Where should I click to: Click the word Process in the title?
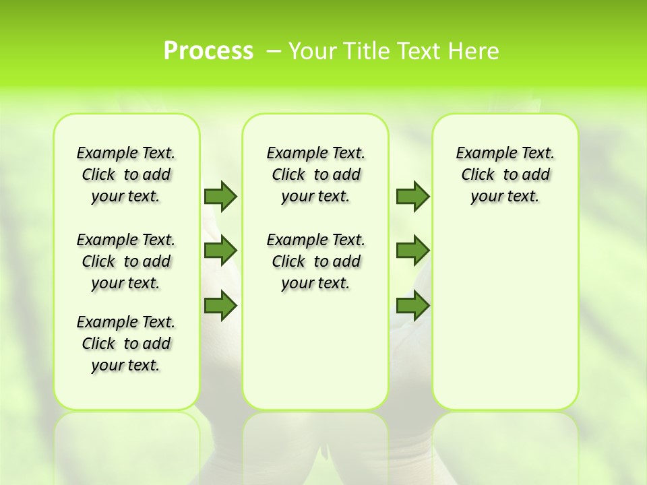208,51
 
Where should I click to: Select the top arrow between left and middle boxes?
220,196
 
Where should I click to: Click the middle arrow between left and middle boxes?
220,251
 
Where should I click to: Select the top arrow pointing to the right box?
412,196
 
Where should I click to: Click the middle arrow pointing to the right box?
412,251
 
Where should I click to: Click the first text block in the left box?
126,174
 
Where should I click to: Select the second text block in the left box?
126,261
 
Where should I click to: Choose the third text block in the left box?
126,344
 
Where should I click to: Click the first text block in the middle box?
315,174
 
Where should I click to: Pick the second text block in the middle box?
315,261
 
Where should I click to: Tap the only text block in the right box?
505,174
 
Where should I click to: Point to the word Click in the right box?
478,175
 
